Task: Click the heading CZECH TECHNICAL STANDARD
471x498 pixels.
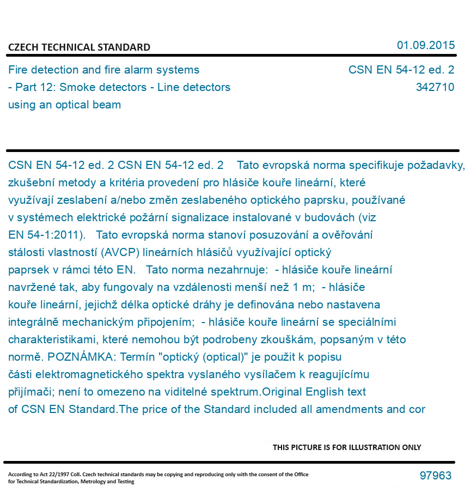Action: (79, 47)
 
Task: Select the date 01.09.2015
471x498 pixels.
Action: (425, 45)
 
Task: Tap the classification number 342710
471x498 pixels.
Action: (435, 87)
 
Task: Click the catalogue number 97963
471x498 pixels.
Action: (435, 476)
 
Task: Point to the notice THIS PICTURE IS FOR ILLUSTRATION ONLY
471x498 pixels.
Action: (347, 447)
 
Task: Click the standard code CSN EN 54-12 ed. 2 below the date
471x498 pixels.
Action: (401, 70)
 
